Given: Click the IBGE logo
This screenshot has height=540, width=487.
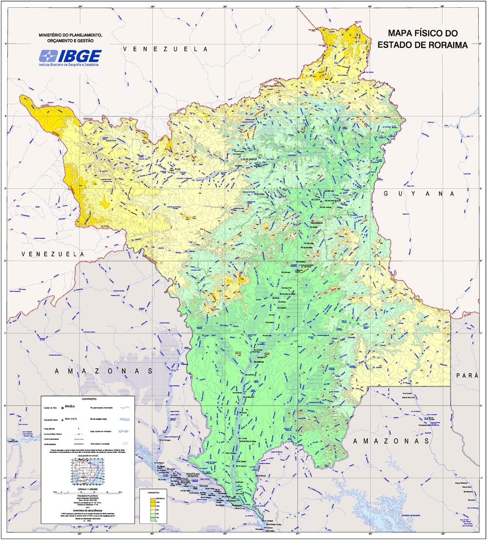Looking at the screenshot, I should [x=70, y=57].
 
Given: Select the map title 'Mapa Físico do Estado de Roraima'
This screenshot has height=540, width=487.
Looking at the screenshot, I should [x=422, y=39].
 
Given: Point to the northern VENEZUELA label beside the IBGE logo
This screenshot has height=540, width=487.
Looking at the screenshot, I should [x=165, y=49].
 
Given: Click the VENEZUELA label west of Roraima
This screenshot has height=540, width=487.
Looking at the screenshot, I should [x=53, y=254].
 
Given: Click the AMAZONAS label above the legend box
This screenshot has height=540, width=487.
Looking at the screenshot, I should [x=104, y=371].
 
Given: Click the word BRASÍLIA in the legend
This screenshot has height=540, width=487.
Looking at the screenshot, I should [x=71, y=405].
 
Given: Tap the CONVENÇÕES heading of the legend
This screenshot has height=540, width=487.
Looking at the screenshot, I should [x=88, y=399].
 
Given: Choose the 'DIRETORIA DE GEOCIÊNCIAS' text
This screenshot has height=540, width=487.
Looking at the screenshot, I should [x=88, y=510].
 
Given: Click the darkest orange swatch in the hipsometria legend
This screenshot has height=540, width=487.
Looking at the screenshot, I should [x=151, y=499].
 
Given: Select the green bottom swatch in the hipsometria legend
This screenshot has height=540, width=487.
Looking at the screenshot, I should [x=151, y=520].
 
